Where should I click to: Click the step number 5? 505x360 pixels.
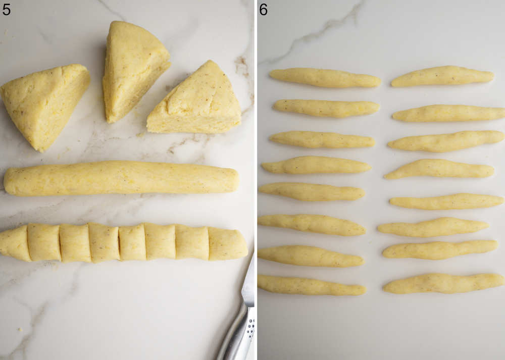[x=6, y=9]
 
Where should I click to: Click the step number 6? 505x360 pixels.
[x=263, y=9]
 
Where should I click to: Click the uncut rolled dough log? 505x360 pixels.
[x=121, y=178]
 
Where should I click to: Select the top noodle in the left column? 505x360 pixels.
[x=324, y=78]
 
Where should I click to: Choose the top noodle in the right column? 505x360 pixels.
[x=442, y=76]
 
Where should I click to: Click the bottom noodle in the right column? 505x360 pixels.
[x=443, y=283]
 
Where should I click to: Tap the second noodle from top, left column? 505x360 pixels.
[x=326, y=107]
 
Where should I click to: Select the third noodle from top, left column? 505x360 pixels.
[x=322, y=139]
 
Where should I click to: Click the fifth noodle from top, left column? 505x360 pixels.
[x=311, y=192]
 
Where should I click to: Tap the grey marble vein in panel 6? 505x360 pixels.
[x=323, y=30]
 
